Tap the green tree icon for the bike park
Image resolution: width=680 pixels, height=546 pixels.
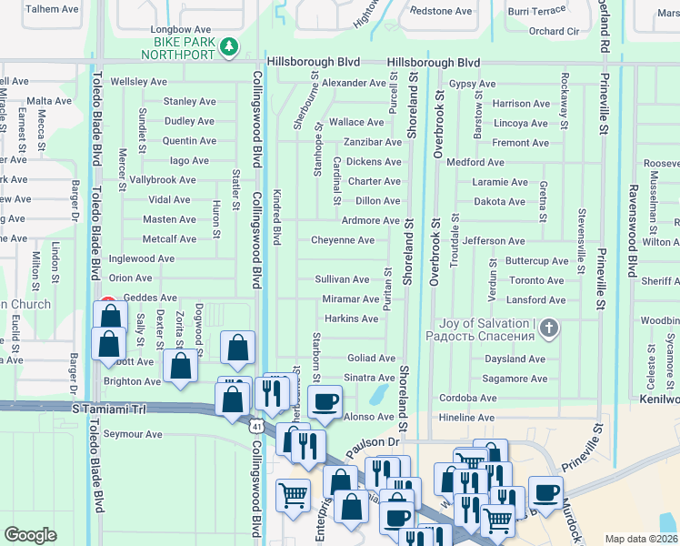click(x=231, y=45)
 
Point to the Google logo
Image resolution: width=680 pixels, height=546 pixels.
click(x=30, y=535)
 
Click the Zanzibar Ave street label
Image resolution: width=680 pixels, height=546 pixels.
click(x=372, y=142)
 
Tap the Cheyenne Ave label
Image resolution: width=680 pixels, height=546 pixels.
click(x=343, y=240)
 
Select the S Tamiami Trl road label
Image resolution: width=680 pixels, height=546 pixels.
click(x=108, y=410)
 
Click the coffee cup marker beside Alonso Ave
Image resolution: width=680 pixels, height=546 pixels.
click(x=325, y=401)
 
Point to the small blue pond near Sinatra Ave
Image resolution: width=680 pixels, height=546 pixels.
click(x=377, y=395)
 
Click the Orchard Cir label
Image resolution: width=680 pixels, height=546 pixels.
click(x=554, y=31)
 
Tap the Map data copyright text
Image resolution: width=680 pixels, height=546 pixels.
click(x=642, y=539)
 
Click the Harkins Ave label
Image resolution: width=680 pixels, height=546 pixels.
click(x=351, y=318)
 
